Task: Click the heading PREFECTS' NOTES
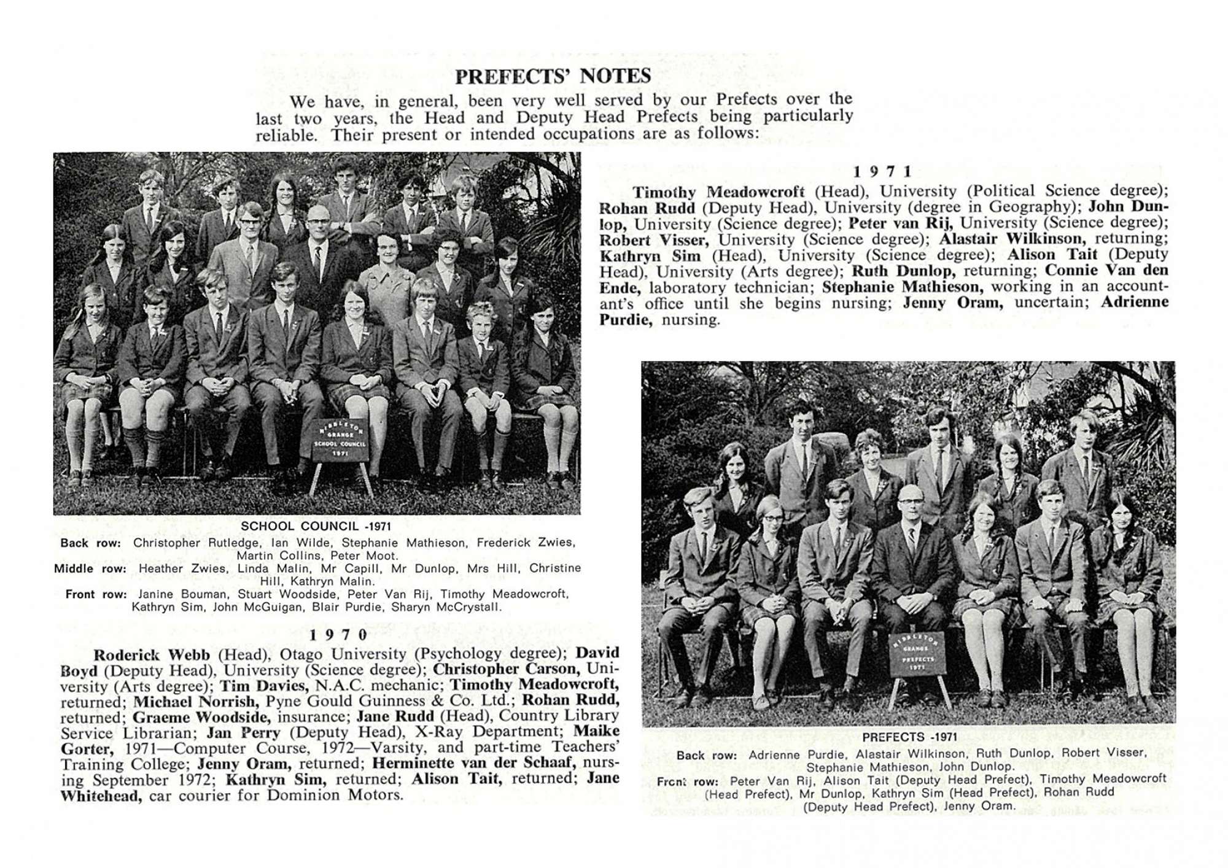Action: [553, 76]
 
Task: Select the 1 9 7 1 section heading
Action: [883, 172]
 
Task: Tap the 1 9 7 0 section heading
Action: [338, 635]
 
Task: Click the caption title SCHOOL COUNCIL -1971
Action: [316, 526]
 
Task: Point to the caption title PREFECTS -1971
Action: [909, 737]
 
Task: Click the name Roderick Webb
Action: [151, 655]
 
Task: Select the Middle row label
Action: [90, 568]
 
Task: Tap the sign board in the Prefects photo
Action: [917, 654]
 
